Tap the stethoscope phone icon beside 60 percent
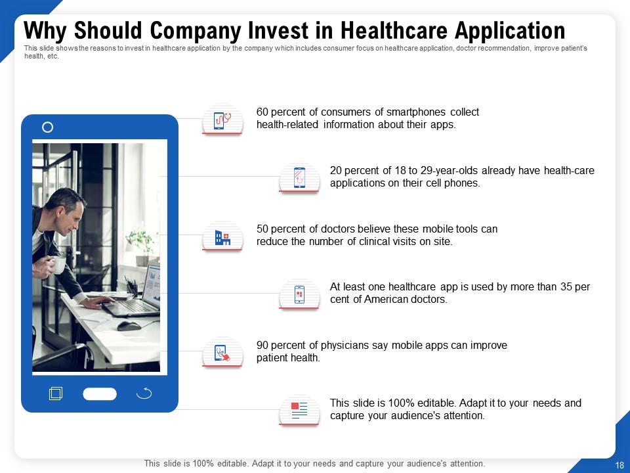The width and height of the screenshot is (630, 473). pyautogui.click(x=222, y=120)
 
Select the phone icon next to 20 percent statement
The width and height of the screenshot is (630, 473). pyautogui.click(x=299, y=177)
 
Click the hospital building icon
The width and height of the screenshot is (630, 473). pyautogui.click(x=222, y=237)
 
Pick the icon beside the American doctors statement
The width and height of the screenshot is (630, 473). pyautogui.click(x=299, y=294)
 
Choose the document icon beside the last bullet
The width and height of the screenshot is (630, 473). pyautogui.click(x=299, y=411)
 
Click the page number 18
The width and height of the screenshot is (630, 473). pyautogui.click(x=619, y=464)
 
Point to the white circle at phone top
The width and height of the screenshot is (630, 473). pyautogui.click(x=47, y=127)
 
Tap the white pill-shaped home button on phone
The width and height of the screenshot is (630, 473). pyautogui.click(x=100, y=394)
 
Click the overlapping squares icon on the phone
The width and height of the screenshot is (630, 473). pyautogui.click(x=56, y=394)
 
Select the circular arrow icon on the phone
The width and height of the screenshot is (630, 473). pyautogui.click(x=144, y=394)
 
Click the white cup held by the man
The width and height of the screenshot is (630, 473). pyautogui.click(x=58, y=265)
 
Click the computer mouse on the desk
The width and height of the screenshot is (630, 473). pyautogui.click(x=127, y=325)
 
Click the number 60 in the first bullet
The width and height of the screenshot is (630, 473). pyautogui.click(x=262, y=112)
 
